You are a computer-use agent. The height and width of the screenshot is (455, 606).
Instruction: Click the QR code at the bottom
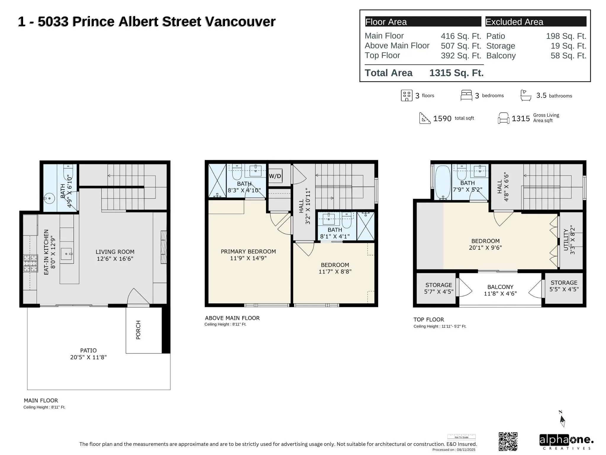pos(508,441)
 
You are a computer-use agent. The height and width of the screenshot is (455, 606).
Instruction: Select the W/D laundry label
pos(275,176)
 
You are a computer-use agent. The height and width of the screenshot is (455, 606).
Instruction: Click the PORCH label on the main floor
pos(138,330)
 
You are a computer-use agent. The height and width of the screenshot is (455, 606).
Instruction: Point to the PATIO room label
pos(88,350)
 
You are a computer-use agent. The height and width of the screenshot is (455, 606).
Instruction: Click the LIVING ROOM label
pos(115,252)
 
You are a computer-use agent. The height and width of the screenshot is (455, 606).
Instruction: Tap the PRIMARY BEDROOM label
pos(248,251)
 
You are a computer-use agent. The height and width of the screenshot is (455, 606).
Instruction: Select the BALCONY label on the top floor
pos(500,287)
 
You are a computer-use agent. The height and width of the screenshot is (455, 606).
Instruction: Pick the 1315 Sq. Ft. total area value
pos(456,73)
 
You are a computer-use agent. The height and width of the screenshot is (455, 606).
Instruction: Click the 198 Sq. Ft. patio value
pos(566,36)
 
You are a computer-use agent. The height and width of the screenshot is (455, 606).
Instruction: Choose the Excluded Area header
pos(514,22)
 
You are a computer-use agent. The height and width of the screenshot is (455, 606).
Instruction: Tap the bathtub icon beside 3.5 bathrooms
pos(526,95)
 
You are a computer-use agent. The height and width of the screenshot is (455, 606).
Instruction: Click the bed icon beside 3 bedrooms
pos(466,95)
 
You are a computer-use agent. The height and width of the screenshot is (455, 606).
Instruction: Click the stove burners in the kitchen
pos(30,264)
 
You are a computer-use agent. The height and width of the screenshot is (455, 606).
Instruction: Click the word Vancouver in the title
pos(240,22)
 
